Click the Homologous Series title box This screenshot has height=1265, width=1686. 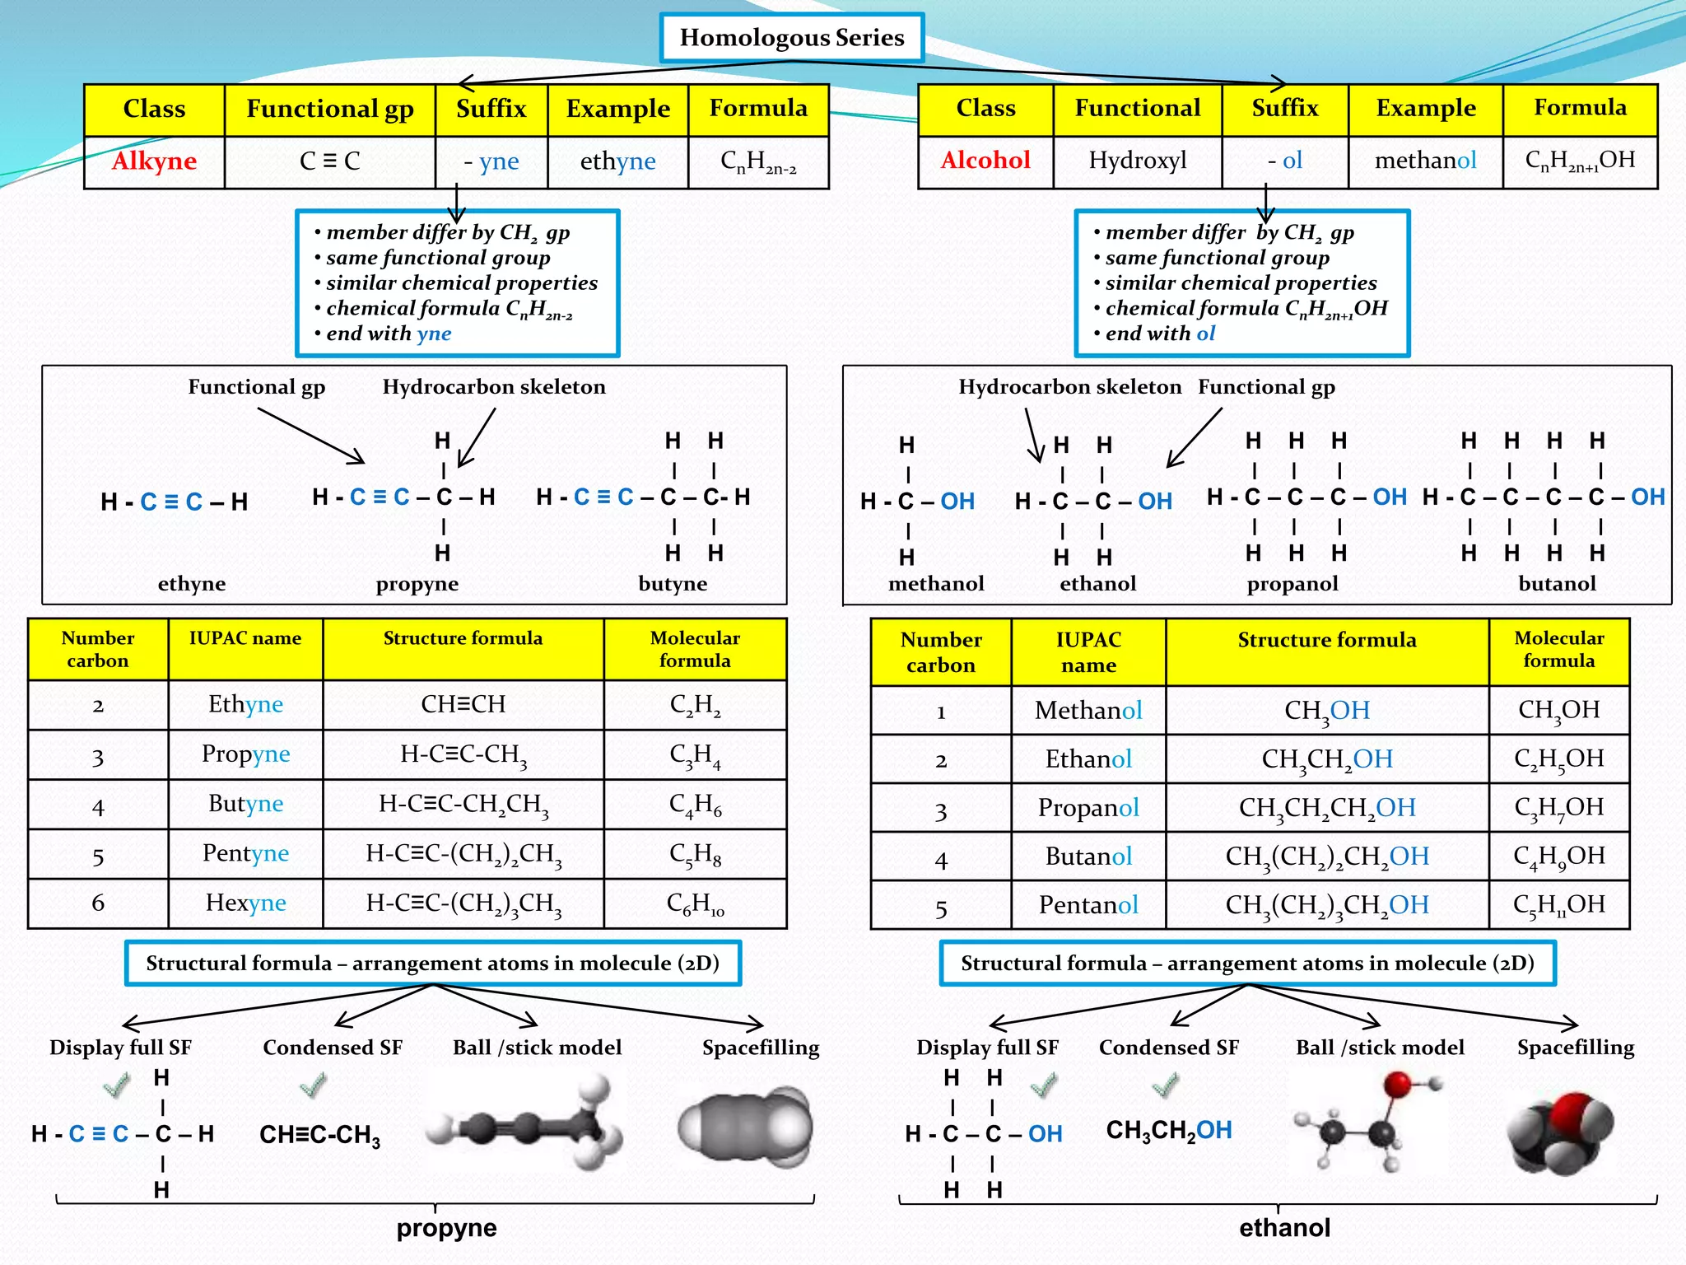pos(791,38)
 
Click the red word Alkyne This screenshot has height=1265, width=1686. pos(154,161)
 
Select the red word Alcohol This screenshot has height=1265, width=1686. pos(985,160)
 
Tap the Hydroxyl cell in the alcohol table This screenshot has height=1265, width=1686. pos(1137,160)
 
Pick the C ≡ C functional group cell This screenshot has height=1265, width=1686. pos(329,161)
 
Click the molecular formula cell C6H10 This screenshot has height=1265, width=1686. pos(695,904)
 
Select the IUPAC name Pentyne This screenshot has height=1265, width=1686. pos(245,853)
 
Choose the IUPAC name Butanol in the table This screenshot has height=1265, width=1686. pos(1088,857)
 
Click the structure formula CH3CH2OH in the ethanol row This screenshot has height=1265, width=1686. pos(1326,759)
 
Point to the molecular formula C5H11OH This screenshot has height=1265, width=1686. pos(1558,905)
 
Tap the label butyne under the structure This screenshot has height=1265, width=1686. pos(673,584)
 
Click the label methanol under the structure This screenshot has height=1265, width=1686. pos(936,584)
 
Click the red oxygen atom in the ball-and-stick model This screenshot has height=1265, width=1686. pos(1397,1085)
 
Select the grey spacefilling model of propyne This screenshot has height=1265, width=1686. pos(745,1127)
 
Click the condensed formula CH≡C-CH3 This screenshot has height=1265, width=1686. pos(319,1135)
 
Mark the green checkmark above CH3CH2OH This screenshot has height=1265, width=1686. pos(1165,1085)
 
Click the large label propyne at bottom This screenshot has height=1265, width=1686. pos(446,1228)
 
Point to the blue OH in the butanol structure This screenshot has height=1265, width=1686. pos(1647,497)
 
